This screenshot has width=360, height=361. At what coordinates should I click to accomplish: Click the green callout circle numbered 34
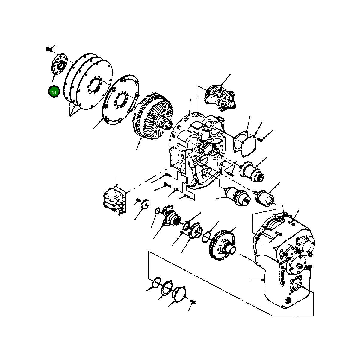point(54,92)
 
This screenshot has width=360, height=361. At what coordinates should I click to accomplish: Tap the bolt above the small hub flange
point(49,48)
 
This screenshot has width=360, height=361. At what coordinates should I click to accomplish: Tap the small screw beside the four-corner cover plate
point(261,139)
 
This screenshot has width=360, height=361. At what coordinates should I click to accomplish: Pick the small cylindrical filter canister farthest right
point(265,199)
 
